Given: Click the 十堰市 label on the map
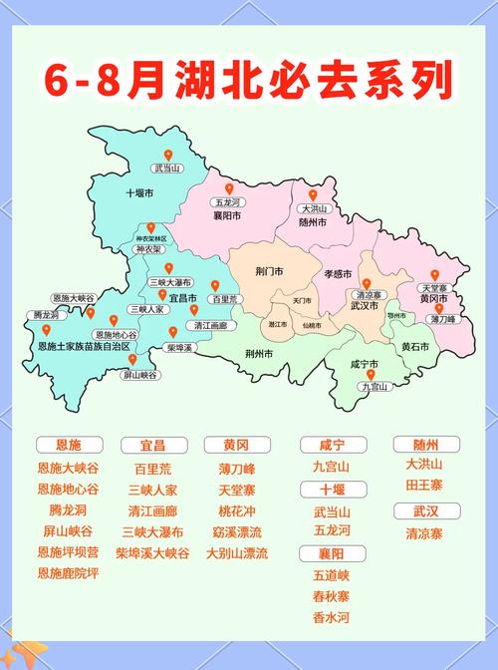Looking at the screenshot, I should [139, 192].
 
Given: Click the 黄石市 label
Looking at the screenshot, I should [415, 346].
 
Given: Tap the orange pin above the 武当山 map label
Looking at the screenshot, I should [168, 156].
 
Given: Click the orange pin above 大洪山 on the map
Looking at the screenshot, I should [313, 194].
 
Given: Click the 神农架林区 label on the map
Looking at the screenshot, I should [152, 239].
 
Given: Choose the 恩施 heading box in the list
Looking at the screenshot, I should [68, 444].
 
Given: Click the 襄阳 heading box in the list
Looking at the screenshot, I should [331, 552].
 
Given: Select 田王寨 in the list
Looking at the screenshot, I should [423, 484].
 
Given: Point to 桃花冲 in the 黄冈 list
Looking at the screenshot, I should [237, 509].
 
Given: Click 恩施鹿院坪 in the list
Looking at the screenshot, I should [68, 573].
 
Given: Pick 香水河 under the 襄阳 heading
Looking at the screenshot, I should [331, 617].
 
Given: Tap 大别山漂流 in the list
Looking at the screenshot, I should [237, 552].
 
